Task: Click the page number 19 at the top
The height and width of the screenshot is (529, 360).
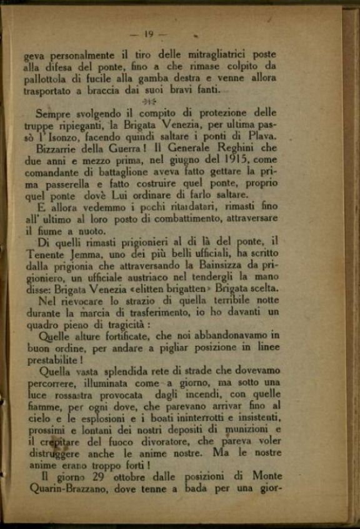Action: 149,34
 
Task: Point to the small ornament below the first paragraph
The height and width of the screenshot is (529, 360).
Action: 149,101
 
